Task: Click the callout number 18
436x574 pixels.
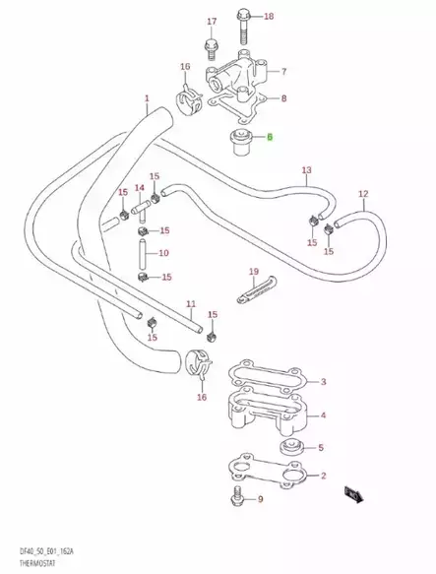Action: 270,16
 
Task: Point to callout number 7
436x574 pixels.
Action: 283,72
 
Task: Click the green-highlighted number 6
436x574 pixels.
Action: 268,138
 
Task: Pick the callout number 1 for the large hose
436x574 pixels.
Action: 147,98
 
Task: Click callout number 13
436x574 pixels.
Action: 306,169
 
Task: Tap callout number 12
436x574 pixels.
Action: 362,194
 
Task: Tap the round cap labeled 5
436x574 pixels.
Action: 291,450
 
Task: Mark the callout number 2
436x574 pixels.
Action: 322,476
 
